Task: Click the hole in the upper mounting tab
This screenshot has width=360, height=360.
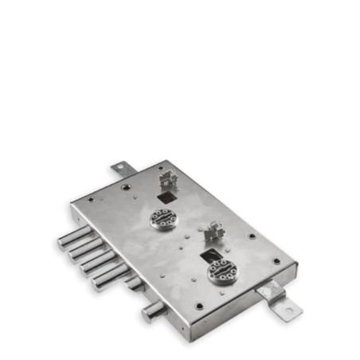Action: [x=121, y=168]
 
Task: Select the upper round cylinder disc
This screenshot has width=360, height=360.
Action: [x=162, y=217]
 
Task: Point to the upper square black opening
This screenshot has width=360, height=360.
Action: [x=166, y=192]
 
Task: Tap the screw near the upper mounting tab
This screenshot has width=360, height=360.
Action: [x=127, y=184]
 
